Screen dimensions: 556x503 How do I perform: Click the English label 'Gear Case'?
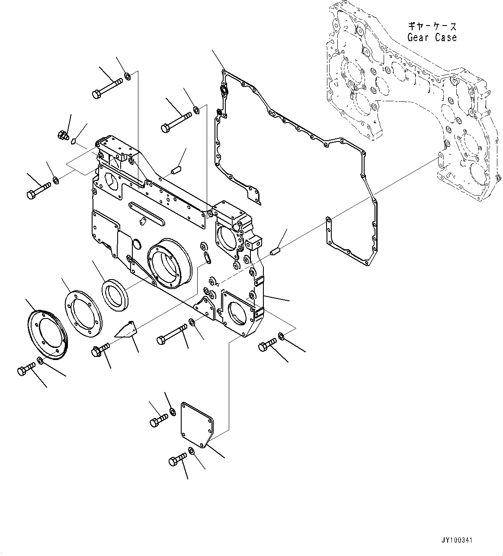pyautogui.click(x=432, y=37)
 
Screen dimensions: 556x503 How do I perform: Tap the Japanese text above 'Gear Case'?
pyautogui.click(x=432, y=26)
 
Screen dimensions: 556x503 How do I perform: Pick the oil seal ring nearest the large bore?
pyautogui.click(x=115, y=295)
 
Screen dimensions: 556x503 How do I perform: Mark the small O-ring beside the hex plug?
pyautogui.click(x=74, y=141)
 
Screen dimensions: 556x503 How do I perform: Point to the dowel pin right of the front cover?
pyautogui.click(x=276, y=251)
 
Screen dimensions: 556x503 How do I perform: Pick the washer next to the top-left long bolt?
pyautogui.click(x=128, y=77)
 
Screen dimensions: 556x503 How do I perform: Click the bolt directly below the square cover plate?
pyautogui.click(x=177, y=459)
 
